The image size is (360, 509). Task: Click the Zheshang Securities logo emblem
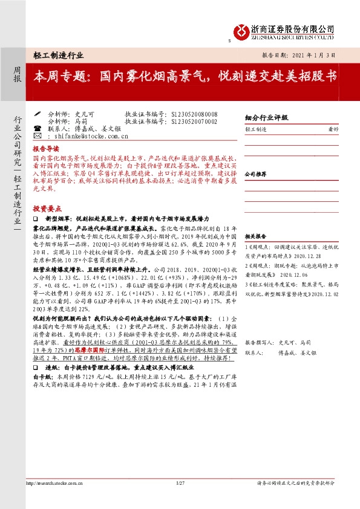[x=241, y=31]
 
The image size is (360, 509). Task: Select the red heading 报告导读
[x=46, y=148]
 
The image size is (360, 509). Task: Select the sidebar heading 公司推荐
[x=256, y=173]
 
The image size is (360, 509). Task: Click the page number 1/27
[x=180, y=483]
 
